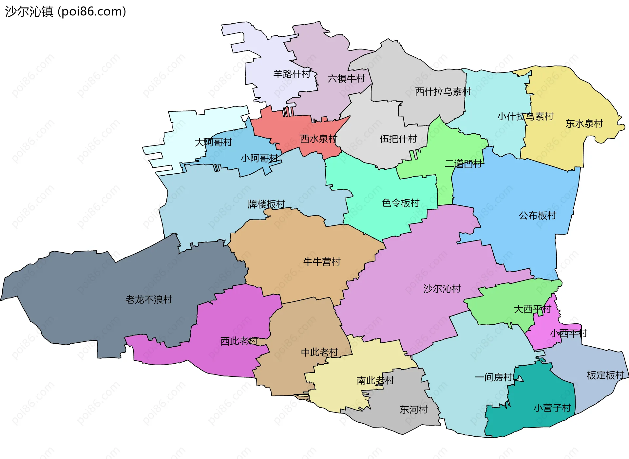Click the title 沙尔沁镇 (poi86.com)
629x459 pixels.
click(x=66, y=11)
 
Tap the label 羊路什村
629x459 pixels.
click(x=292, y=74)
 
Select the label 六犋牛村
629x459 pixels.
click(x=346, y=79)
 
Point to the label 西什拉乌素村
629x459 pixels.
click(x=443, y=92)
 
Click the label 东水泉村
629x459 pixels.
click(x=584, y=124)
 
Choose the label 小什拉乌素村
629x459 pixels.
click(x=525, y=117)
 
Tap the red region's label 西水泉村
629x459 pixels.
click(x=318, y=139)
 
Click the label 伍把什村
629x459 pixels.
click(x=398, y=139)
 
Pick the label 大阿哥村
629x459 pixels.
click(x=213, y=142)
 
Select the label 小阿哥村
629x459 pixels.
click(x=259, y=159)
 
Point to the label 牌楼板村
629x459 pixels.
click(x=266, y=204)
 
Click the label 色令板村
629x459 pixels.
click(x=401, y=203)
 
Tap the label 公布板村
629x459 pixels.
click(x=538, y=216)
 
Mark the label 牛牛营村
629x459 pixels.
click(x=322, y=262)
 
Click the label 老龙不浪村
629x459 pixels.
click(x=149, y=299)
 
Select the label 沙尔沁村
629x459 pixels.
click(x=442, y=289)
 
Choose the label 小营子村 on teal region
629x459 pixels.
click(x=552, y=408)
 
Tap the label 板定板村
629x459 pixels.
click(x=605, y=375)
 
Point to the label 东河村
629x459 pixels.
click(x=414, y=410)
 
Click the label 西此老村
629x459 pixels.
click(x=239, y=341)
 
